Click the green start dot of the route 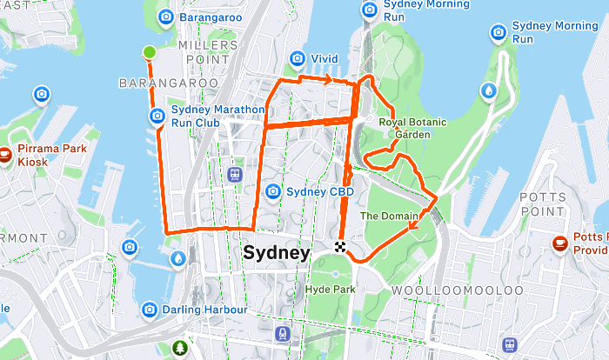tap(150, 52)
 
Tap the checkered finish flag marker tap(340, 246)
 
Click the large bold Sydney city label tap(276, 253)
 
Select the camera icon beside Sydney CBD tap(273, 191)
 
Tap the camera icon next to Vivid tap(297, 58)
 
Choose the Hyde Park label tap(331, 288)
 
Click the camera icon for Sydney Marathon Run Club tap(157, 116)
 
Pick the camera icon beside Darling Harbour tap(150, 310)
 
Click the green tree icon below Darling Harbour tap(180, 347)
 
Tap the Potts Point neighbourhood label tap(543, 205)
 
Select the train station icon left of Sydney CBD tap(235, 174)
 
